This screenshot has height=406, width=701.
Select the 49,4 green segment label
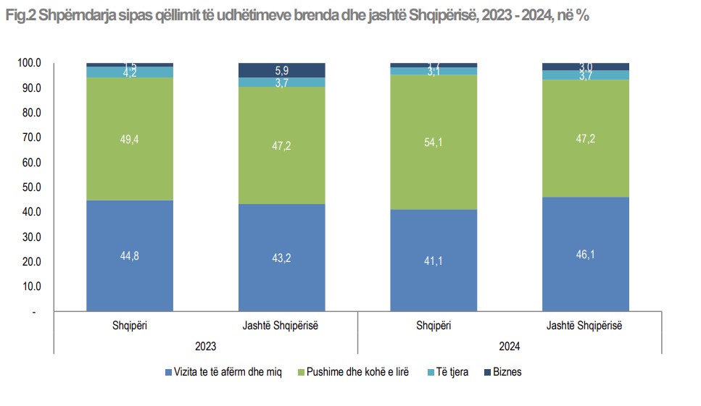129,138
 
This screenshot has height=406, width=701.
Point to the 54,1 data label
434,143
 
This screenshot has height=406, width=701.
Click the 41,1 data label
434,260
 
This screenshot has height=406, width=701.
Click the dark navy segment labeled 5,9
281,70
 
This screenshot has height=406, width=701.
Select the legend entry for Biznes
507,372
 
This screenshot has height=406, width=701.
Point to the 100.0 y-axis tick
30,64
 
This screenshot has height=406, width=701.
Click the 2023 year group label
206,347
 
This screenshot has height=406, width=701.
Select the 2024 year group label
510,347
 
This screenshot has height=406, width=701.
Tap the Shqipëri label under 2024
434,326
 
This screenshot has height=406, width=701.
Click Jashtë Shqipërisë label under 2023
281,326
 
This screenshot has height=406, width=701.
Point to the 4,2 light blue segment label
129,72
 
